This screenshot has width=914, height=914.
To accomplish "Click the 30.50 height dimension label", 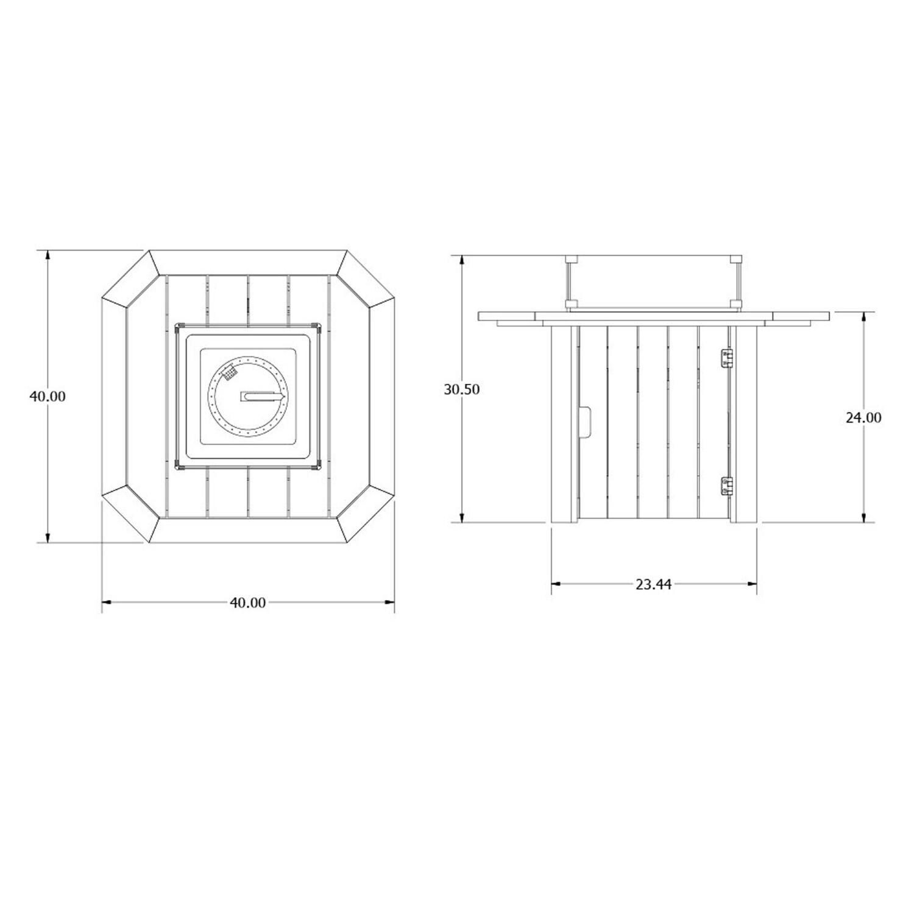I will pos(461,389).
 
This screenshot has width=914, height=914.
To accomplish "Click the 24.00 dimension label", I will pos(863,417).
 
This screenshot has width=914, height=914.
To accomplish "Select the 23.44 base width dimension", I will pos(653,584).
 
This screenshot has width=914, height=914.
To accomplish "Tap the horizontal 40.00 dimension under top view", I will pos(247,603).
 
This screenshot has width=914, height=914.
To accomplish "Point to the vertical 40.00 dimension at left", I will pos(48,396).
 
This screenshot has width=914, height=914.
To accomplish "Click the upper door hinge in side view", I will pos(726,358).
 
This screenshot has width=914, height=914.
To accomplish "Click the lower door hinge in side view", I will pos(726,486).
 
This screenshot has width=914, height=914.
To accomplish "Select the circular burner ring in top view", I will pos(247,397).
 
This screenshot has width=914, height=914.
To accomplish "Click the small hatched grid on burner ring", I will pos(230,372).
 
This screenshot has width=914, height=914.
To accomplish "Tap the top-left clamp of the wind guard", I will pos(570,259).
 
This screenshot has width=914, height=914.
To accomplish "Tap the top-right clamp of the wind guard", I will pos(737,259).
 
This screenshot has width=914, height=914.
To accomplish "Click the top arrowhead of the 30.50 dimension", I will pos(462,260).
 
